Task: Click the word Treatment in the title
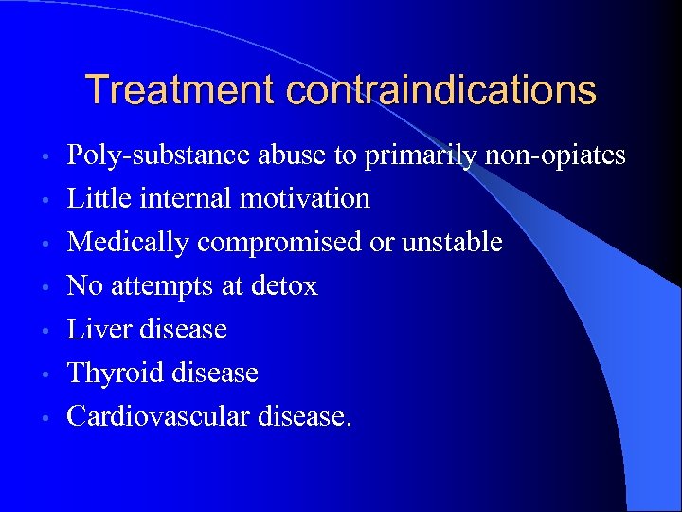tap(181, 91)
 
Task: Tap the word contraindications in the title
tap(441, 91)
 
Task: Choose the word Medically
tap(129, 242)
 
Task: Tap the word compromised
tap(280, 242)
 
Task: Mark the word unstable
tap(452, 242)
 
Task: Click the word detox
tap(285, 285)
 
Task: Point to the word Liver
tap(99, 329)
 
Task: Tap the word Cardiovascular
tap(157, 416)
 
